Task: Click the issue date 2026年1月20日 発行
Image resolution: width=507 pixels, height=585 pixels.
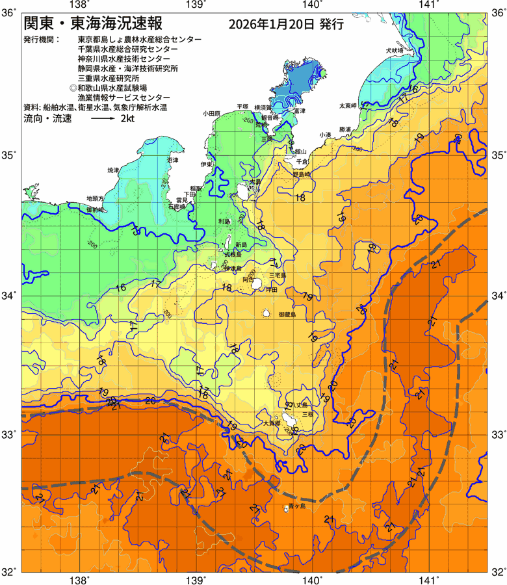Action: click(286, 25)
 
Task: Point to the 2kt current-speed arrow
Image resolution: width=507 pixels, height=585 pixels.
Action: click(103, 119)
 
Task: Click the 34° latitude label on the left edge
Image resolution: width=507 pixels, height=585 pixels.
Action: click(9, 296)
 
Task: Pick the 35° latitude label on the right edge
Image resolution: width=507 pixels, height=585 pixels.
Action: click(497, 156)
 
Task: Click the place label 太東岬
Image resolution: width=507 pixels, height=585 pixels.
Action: click(348, 105)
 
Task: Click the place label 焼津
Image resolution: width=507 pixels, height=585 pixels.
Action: click(113, 170)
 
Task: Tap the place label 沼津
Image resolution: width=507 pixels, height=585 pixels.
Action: click(172, 160)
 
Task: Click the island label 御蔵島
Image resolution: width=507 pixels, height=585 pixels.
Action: click(287, 314)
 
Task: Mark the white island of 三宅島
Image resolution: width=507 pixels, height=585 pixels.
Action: click(257, 283)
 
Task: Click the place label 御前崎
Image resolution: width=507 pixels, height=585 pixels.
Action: click(96, 210)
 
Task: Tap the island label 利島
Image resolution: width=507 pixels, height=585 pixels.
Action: click(224, 222)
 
